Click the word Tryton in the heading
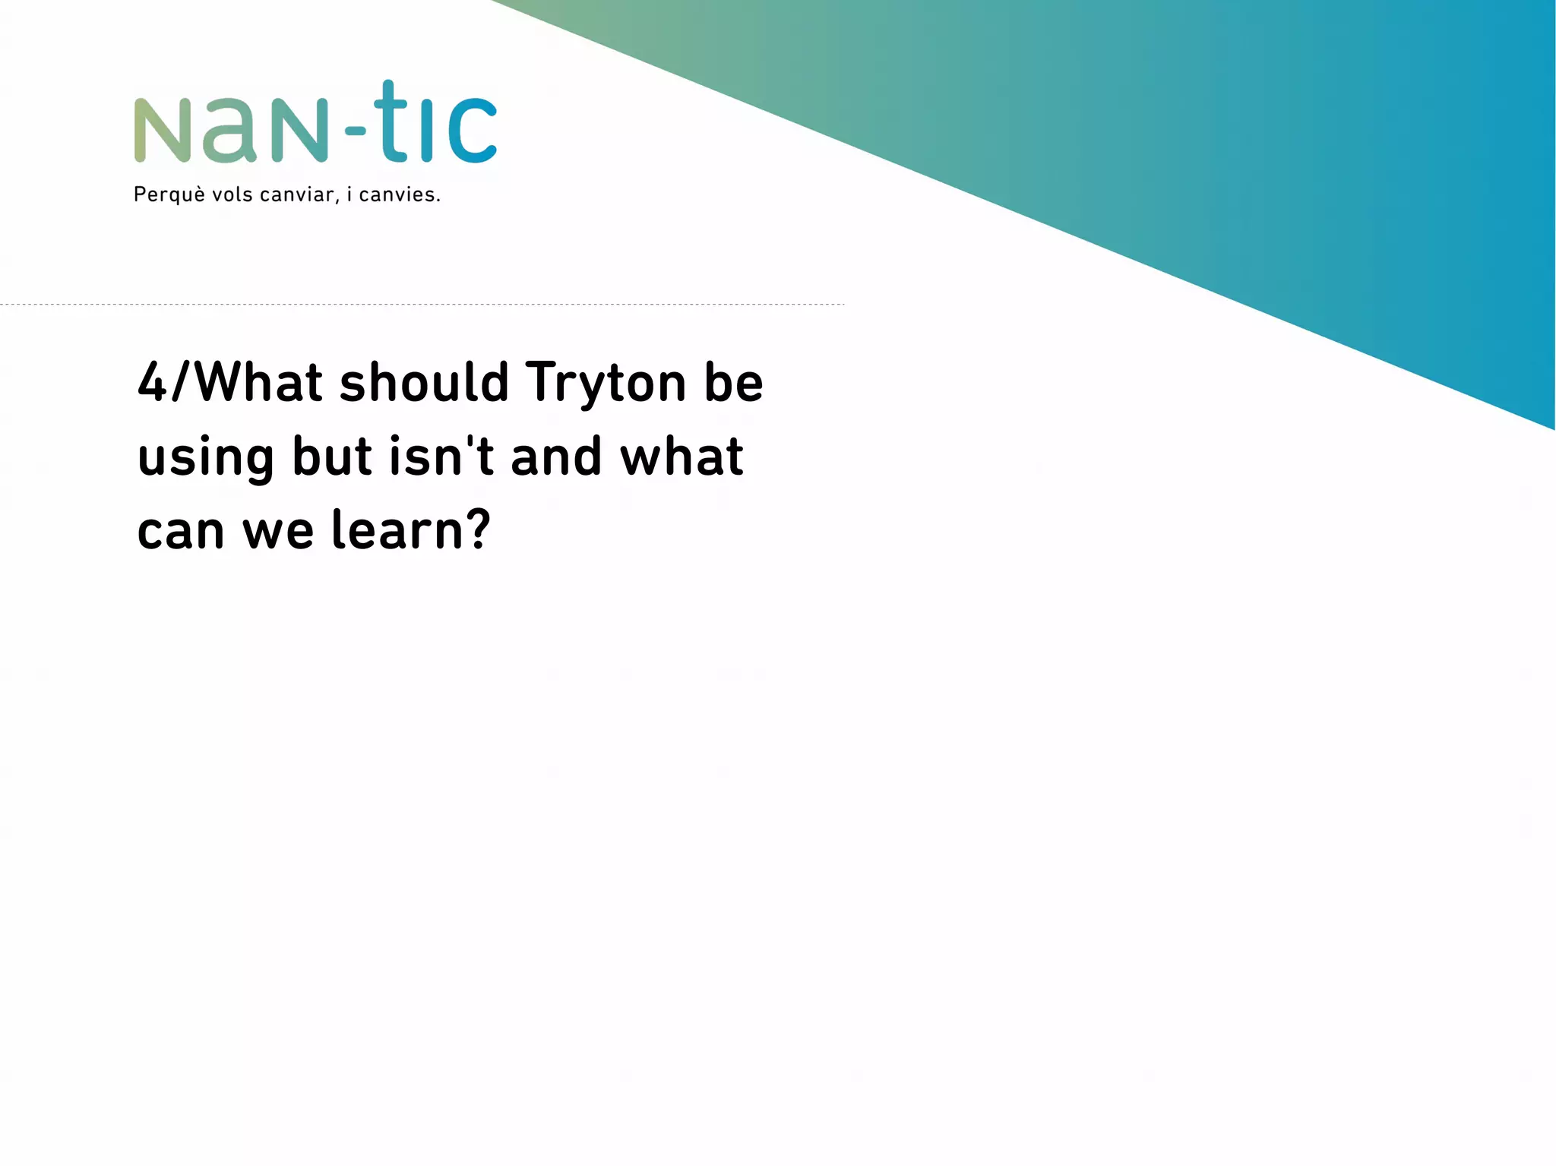click(x=605, y=382)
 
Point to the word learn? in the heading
click(x=411, y=530)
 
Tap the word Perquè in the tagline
click(x=169, y=195)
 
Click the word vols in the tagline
click(x=232, y=194)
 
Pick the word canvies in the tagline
click(x=398, y=195)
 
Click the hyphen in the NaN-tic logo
click(x=355, y=131)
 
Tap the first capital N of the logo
click(x=162, y=130)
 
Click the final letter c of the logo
click(x=472, y=130)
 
